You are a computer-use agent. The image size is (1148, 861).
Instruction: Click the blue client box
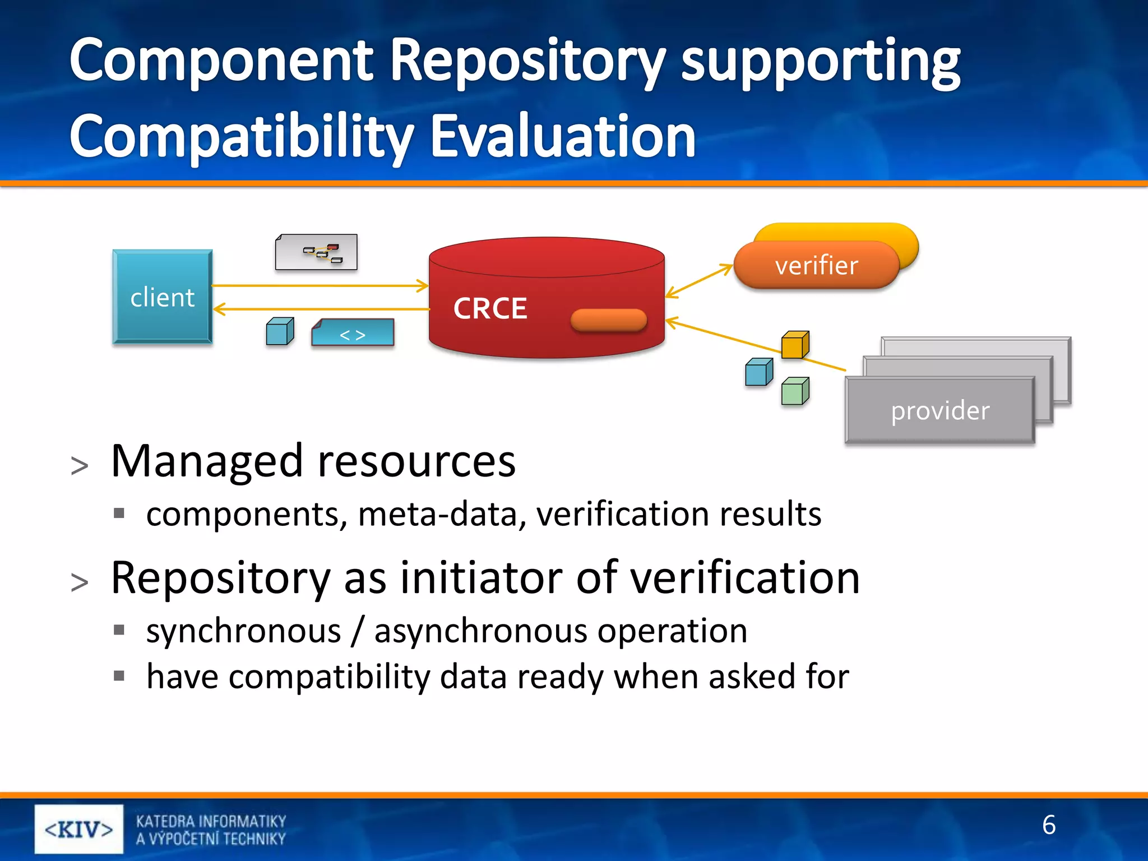point(162,297)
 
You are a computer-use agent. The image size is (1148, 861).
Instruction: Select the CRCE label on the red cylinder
point(490,308)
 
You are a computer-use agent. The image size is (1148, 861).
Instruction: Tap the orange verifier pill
point(816,266)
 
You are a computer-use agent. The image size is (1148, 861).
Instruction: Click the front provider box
point(939,410)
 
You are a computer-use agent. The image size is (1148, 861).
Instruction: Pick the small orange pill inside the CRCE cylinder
point(608,320)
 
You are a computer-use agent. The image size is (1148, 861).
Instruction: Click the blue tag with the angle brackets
point(353,333)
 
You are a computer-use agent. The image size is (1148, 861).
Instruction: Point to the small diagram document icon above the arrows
point(316,252)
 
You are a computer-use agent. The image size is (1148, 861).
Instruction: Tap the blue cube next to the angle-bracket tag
point(279,331)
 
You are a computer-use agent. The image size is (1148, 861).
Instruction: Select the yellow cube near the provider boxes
point(795,344)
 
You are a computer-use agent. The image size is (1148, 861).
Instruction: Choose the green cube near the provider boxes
point(795,391)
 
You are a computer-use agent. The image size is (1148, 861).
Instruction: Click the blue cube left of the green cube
point(758,372)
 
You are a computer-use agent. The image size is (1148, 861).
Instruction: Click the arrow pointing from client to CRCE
point(320,286)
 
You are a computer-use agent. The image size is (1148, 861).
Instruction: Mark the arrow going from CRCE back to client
point(320,309)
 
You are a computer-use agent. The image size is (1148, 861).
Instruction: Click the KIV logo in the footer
point(78,829)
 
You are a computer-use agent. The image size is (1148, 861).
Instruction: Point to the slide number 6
point(1048,825)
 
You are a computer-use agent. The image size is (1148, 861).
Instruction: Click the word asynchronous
point(480,631)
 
